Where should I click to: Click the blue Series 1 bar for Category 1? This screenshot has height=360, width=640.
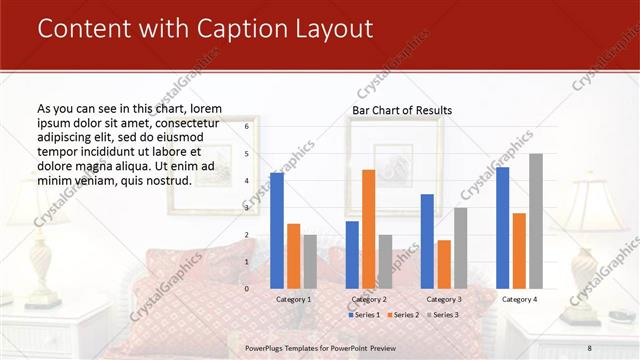click(277, 231)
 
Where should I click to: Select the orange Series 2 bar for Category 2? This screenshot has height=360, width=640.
click(368, 229)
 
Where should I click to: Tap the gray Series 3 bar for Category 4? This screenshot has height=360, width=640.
click(536, 221)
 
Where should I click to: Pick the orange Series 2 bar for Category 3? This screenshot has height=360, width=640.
click(444, 264)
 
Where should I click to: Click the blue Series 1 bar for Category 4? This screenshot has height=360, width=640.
click(502, 228)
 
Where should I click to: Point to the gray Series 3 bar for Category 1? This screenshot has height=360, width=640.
click(310, 262)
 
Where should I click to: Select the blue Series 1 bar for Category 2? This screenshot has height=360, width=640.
click(352, 255)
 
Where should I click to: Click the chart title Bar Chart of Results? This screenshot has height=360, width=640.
click(402, 109)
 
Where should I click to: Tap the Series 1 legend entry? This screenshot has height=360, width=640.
click(363, 315)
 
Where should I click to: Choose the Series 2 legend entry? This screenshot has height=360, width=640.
click(402, 315)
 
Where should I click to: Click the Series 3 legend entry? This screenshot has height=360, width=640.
click(441, 315)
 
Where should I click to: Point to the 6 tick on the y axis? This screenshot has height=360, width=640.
click(246, 127)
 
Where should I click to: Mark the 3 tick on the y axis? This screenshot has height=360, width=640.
click(246, 208)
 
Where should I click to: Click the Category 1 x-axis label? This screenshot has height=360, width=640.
click(293, 299)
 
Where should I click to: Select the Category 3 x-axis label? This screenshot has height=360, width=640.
click(444, 299)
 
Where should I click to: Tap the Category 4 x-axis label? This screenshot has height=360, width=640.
click(519, 299)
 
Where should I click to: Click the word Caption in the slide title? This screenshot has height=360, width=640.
click(220, 29)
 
